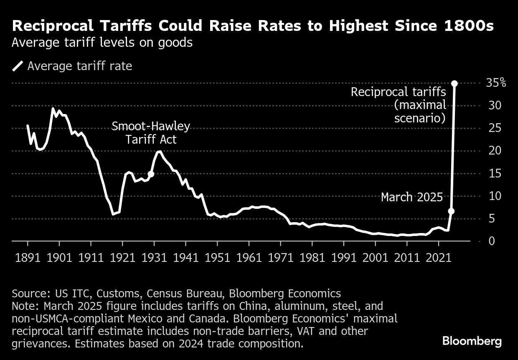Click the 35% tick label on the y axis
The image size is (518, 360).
[x=496, y=83]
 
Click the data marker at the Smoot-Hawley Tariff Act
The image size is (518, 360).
[x=151, y=174]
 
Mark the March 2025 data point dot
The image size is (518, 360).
[x=451, y=211]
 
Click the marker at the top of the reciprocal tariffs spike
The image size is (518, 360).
[x=454, y=84]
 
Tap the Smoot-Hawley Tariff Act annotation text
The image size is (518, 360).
[x=151, y=132]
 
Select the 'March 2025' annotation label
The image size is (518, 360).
[x=411, y=197]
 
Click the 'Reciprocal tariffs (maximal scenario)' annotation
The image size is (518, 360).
[x=399, y=105]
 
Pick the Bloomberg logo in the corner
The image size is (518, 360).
[x=472, y=341]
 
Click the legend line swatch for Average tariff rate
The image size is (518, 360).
[x=18, y=66]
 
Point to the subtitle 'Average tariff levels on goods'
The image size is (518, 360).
[x=102, y=43]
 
